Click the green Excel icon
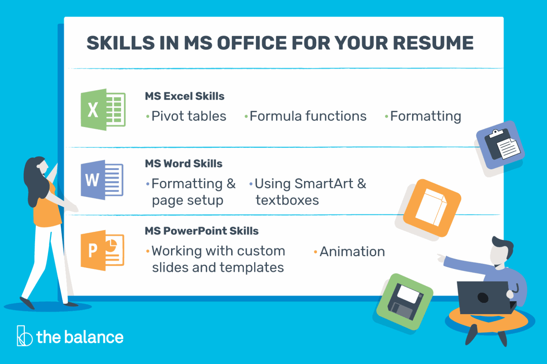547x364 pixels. (x=103, y=110)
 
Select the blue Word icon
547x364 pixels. (x=102, y=180)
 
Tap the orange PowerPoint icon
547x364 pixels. (x=102, y=250)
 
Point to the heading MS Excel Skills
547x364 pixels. (x=185, y=96)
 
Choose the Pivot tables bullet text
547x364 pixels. (x=189, y=116)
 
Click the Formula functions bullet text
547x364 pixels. (x=308, y=116)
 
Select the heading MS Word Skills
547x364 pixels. (x=183, y=164)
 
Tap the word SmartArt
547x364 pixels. (x=324, y=184)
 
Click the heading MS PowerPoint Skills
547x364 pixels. (x=202, y=231)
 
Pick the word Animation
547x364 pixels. (x=352, y=252)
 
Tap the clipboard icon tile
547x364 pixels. (x=500, y=145)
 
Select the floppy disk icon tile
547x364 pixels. (x=405, y=302)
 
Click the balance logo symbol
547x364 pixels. (x=24, y=336)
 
